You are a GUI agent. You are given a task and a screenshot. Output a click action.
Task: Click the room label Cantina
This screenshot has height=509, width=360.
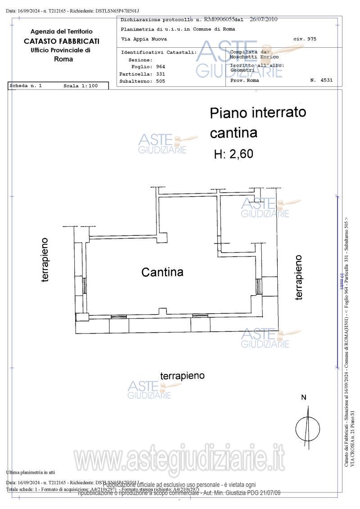coord(162,272)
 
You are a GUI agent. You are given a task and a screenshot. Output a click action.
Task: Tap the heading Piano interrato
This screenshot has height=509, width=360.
coord(258,113)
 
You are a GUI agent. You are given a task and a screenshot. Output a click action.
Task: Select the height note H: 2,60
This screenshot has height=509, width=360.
coord(234,154)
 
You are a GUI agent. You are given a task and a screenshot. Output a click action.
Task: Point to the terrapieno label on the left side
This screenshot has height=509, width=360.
coord(45,260)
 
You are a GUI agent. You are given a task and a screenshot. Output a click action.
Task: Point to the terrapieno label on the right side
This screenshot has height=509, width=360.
coord(298,277)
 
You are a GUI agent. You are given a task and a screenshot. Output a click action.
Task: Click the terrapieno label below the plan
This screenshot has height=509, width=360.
coord(183,376)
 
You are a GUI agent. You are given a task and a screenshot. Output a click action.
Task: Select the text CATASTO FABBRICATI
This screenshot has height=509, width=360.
coord(62,41)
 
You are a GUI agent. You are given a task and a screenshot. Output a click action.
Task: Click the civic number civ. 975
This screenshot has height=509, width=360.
coord(305,39)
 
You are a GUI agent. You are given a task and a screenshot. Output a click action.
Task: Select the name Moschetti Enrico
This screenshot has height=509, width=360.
coord(254,57)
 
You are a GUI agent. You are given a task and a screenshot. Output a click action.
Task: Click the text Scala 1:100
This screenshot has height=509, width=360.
coord(81,86)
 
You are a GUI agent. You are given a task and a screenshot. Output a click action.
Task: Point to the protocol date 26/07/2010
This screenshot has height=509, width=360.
coord(263,19)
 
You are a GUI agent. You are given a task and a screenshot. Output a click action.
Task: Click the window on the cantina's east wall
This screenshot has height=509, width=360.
coord(258,286)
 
